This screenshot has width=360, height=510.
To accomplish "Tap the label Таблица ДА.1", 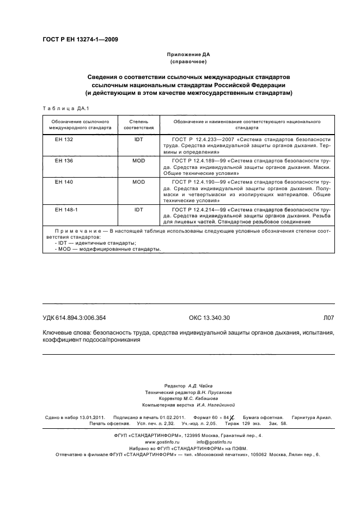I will [62, 109].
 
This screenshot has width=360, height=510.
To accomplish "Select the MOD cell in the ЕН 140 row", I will [138, 181].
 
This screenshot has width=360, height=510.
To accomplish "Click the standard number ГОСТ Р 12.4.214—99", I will [198, 209].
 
